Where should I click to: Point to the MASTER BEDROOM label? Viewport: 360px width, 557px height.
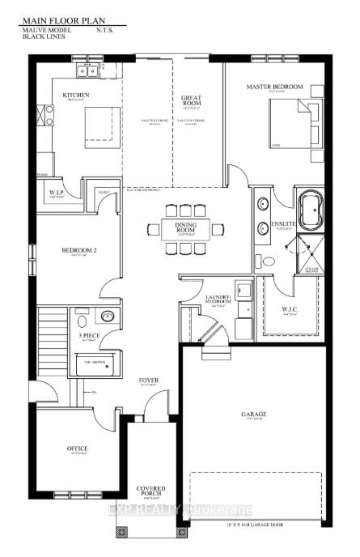click(275, 87)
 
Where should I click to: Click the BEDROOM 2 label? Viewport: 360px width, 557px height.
click(79, 251)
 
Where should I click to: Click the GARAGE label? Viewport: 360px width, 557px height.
click(252, 415)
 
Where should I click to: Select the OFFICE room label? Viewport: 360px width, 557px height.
click(77, 449)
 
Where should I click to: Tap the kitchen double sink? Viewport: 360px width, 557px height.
click(87, 71)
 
